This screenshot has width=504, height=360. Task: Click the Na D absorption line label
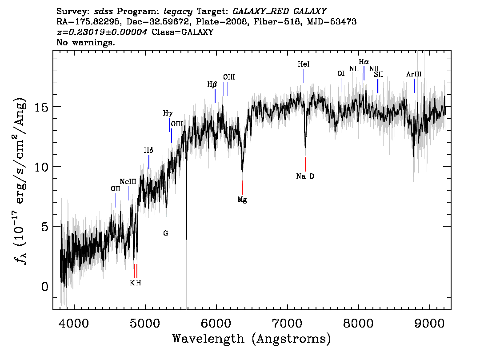pyautogui.click(x=305, y=176)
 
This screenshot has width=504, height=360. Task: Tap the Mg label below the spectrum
pyautogui.click(x=242, y=200)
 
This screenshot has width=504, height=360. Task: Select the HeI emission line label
pyautogui.click(x=304, y=64)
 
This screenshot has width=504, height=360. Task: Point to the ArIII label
pyautogui.click(x=414, y=74)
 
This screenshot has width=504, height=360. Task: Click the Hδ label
pyautogui.click(x=148, y=150)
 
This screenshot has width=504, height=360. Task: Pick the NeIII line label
pyautogui.click(x=128, y=182)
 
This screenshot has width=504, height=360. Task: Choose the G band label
pyautogui.click(x=165, y=233)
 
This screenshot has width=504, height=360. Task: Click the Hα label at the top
pyautogui.click(x=364, y=62)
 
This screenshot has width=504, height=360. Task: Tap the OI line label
pyautogui.click(x=341, y=74)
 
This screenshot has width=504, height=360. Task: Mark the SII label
pyautogui.click(x=378, y=75)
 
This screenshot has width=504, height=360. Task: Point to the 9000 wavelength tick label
pyautogui.click(x=429, y=323)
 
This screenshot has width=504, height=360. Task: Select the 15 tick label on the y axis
pyautogui.click(x=41, y=107)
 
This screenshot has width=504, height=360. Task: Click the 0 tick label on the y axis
pyautogui.click(x=45, y=286)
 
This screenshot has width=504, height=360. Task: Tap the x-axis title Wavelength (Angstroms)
pyautogui.click(x=252, y=339)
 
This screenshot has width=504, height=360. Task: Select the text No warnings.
pyautogui.click(x=85, y=42)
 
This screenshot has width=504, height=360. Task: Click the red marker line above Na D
pyautogui.click(x=305, y=164)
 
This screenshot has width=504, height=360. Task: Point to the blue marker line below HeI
pyautogui.click(x=304, y=76)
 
